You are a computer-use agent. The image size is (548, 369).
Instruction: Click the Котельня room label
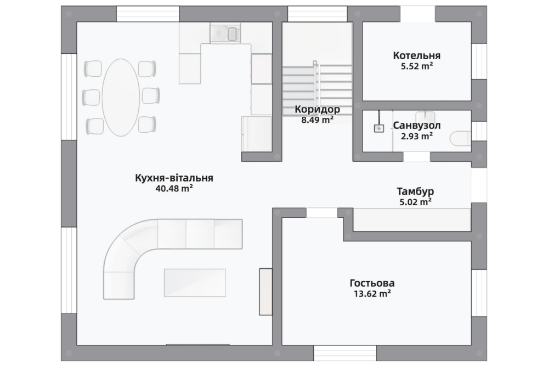point(416,55)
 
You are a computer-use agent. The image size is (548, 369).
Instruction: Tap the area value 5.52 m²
point(416,66)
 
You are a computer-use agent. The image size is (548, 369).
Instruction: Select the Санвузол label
point(416,125)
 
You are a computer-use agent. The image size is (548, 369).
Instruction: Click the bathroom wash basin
point(425,116)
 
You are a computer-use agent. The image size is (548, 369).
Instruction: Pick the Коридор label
point(317,109)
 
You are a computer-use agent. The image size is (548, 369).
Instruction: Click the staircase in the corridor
point(317,89)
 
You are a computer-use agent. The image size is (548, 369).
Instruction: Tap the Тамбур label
point(415,191)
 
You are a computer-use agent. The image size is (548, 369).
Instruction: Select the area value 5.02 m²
point(415,202)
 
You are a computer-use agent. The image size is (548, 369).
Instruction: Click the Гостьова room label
point(372,283)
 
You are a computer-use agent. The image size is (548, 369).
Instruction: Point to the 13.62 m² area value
point(372,293)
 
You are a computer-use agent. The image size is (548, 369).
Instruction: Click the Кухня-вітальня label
point(174,178)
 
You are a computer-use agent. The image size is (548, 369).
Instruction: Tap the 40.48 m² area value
point(174,189)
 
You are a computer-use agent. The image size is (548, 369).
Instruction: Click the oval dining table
point(121,98)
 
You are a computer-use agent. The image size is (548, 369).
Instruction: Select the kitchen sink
point(225,33)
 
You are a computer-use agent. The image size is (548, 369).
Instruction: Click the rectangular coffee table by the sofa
point(195,283)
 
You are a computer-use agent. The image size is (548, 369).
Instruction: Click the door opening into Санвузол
point(416,157)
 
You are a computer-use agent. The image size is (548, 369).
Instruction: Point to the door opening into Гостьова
point(322,213)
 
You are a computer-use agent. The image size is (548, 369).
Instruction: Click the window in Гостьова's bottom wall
point(345,353)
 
